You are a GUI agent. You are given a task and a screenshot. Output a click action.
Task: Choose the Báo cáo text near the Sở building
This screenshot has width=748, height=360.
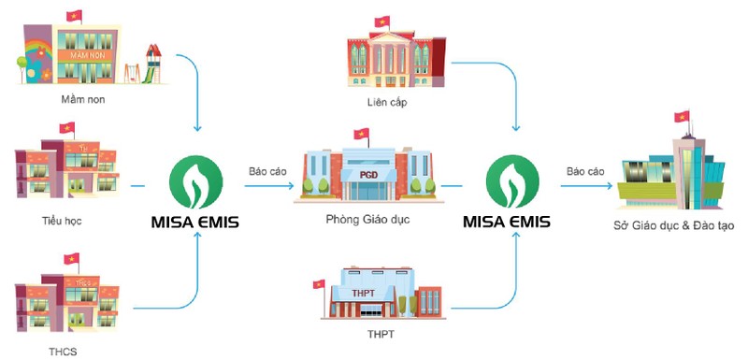tap(584, 171)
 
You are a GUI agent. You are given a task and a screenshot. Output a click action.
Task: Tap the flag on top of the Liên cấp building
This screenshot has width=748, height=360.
tap(381, 21)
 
